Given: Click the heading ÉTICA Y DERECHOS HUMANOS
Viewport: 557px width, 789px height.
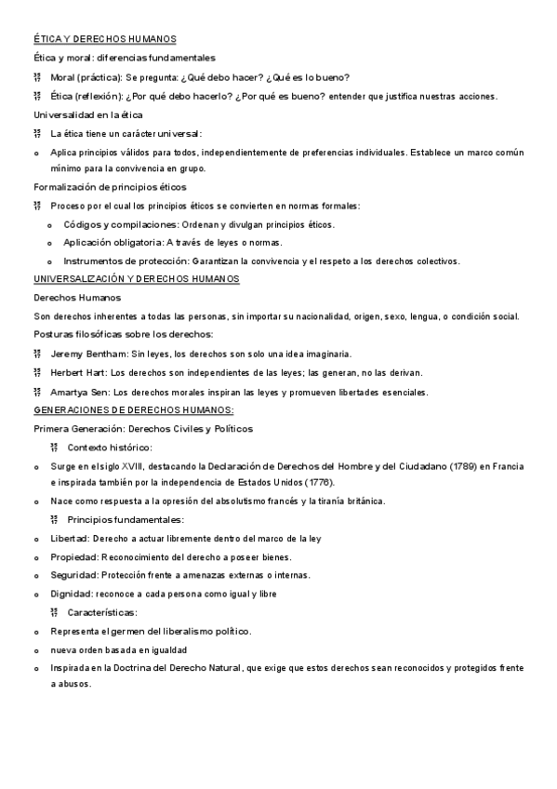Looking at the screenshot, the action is point(104,38).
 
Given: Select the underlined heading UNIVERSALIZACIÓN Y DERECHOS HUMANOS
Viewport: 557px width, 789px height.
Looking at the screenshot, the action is point(137,279).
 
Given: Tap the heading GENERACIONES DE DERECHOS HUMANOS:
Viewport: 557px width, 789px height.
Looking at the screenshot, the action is point(134,409).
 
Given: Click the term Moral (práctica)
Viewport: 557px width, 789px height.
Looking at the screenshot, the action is point(92,76).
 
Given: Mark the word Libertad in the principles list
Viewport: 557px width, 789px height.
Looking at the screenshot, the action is point(70,539).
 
